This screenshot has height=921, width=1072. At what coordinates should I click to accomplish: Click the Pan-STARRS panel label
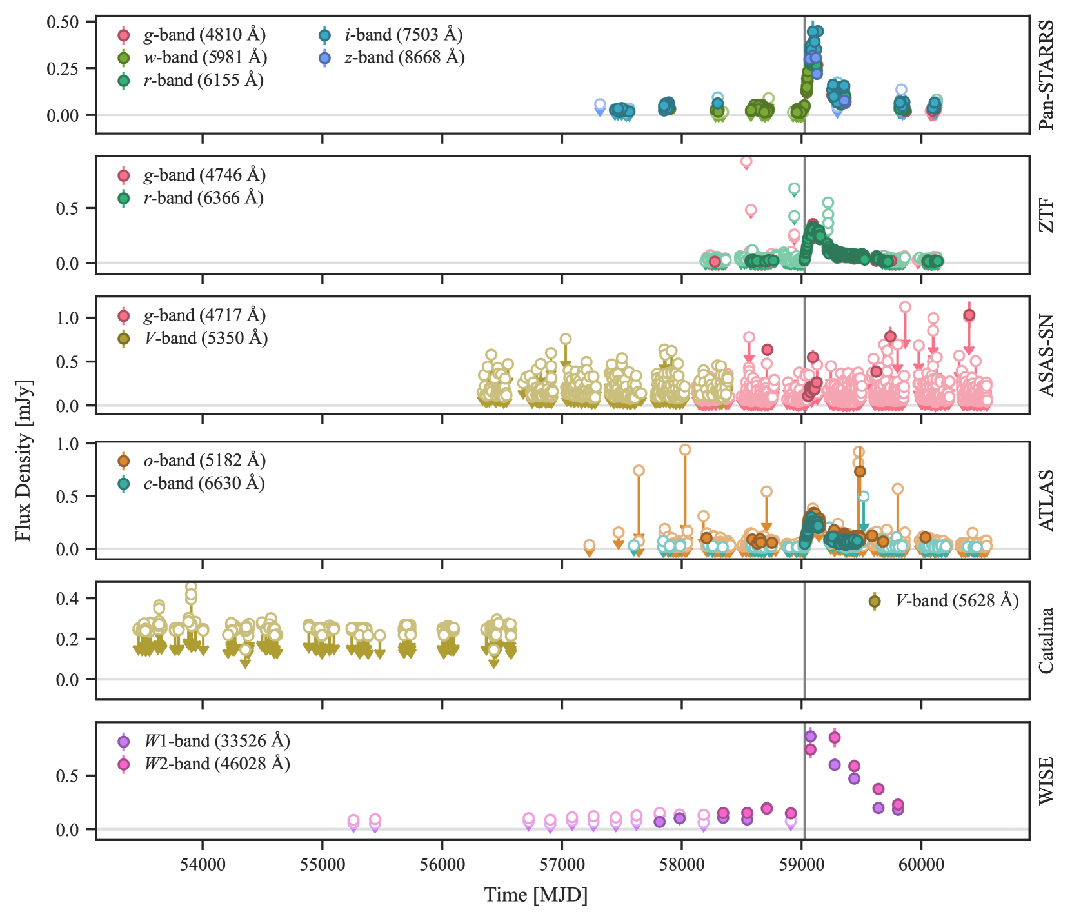pyautogui.click(x=1046, y=75)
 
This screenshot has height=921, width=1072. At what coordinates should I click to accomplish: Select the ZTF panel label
pyautogui.click(x=1046, y=215)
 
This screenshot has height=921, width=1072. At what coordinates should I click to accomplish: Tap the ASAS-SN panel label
pyautogui.click(x=1046, y=355)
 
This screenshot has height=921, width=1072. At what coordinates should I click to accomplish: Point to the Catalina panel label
pyautogui.click(x=1046, y=640)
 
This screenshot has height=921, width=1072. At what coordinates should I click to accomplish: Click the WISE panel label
pyautogui.click(x=1046, y=780)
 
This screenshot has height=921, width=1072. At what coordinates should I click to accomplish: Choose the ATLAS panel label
pyautogui.click(x=1046, y=500)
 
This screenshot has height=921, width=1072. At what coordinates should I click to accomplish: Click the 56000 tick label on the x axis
pyautogui.click(x=442, y=865)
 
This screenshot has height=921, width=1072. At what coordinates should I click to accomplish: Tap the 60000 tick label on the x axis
pyautogui.click(x=921, y=865)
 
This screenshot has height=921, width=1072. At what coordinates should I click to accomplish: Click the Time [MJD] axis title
pyautogui.click(x=536, y=895)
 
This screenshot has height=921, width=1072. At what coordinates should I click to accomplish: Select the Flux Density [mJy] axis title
pyautogui.click(x=23, y=461)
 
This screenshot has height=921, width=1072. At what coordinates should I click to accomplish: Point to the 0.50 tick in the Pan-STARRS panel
pyautogui.click(x=63, y=22)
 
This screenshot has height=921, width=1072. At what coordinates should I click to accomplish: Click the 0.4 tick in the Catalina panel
pyautogui.click(x=68, y=599)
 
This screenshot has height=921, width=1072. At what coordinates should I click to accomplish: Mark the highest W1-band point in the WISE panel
pyautogui.click(x=811, y=737)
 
